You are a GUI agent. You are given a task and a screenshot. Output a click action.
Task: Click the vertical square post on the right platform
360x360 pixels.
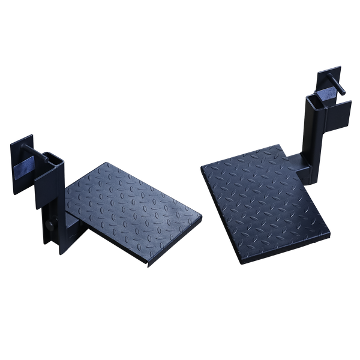[x=313, y=135]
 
